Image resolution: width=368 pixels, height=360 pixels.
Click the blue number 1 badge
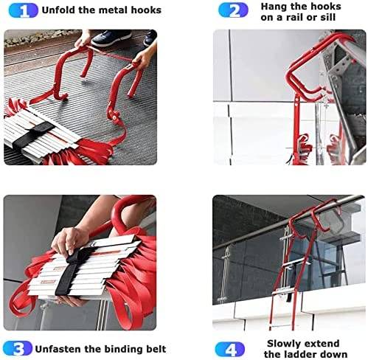(x=24, y=11)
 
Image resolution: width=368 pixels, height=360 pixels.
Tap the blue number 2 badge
(x=233, y=10)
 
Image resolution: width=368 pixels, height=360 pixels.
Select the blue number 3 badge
(x=18, y=348)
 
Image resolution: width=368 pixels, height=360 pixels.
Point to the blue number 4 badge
(x=230, y=350)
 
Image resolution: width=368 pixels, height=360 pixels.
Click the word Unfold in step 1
(x=59, y=10)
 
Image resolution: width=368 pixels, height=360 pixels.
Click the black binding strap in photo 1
(x=31, y=135)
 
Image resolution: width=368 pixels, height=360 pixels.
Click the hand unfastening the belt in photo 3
(x=70, y=242)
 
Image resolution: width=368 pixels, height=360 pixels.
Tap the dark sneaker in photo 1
(x=111, y=38)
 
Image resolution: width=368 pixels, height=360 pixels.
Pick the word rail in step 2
(x=295, y=17)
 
